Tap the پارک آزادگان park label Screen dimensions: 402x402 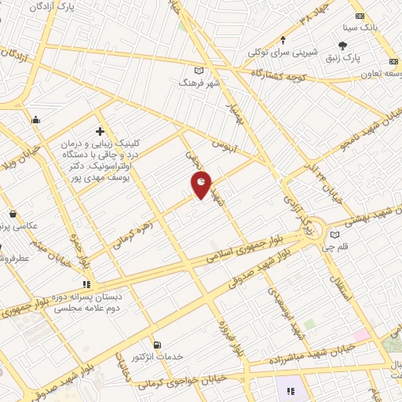56,7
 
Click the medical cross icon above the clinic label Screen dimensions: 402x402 100,131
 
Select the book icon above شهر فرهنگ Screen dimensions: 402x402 185,71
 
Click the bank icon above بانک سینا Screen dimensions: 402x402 360,16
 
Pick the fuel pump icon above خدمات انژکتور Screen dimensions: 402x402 158,344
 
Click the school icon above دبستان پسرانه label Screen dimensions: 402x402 87,285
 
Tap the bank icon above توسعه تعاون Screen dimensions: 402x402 393,63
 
